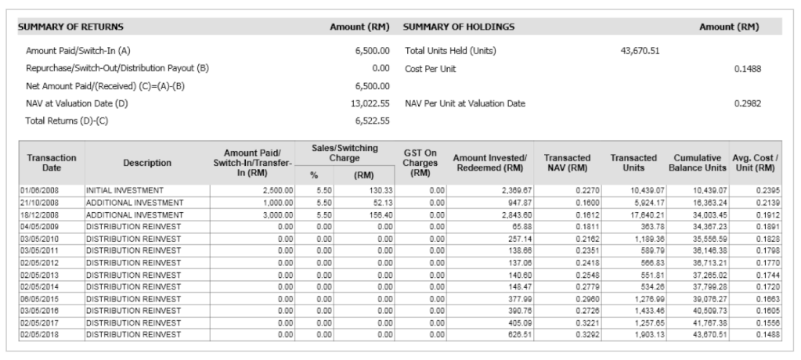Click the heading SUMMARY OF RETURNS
[62, 27]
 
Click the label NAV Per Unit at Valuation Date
[465, 103]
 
